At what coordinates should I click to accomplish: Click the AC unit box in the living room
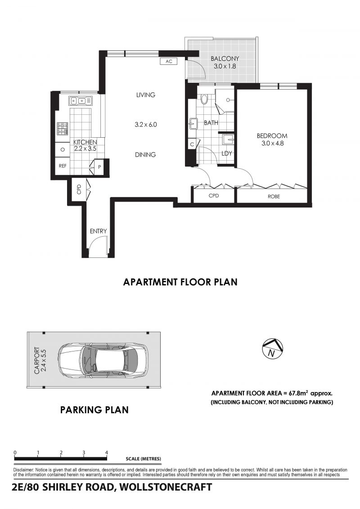click(169, 61)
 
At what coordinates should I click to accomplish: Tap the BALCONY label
click(225, 59)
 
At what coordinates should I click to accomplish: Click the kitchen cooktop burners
click(63, 129)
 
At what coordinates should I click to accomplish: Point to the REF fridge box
click(63, 166)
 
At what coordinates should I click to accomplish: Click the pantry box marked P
click(99, 167)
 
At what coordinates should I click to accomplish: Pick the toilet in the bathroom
click(204, 99)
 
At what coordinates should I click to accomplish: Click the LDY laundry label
click(227, 153)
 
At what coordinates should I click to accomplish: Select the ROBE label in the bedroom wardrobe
click(274, 196)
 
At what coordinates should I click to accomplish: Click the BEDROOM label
click(272, 136)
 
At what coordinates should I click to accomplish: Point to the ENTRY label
click(99, 231)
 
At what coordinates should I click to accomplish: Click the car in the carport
click(103, 360)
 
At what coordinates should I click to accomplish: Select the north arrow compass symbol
click(272, 348)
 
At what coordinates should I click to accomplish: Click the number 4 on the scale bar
click(107, 452)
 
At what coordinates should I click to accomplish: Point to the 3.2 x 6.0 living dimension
click(146, 124)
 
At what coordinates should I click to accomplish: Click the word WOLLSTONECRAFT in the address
click(165, 487)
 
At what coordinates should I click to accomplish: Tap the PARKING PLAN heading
click(94, 410)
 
